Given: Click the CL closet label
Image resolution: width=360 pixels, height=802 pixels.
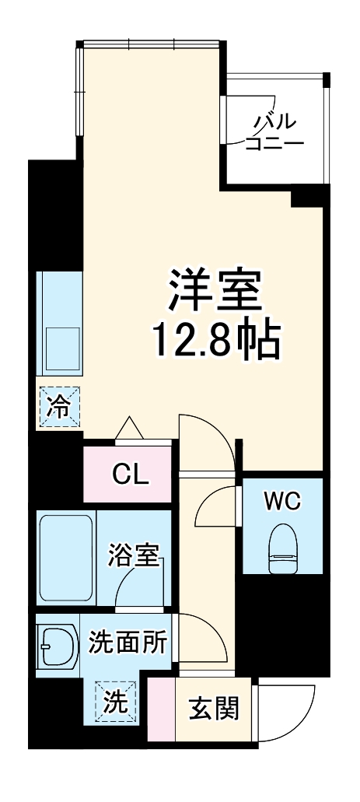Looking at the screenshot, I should (x=129, y=475).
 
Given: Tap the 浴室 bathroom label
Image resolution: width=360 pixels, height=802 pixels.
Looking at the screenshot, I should (x=133, y=557).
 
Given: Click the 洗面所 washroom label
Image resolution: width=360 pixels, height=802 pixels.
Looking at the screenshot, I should (x=127, y=643).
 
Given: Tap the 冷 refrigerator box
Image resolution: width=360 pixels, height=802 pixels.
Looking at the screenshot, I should (x=59, y=406).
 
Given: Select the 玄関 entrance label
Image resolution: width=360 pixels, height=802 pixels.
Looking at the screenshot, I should (x=213, y=709).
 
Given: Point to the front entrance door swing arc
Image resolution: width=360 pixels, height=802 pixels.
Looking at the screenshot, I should (x=292, y=712).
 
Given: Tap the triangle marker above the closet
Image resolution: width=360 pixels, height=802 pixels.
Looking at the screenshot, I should (x=128, y=429).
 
